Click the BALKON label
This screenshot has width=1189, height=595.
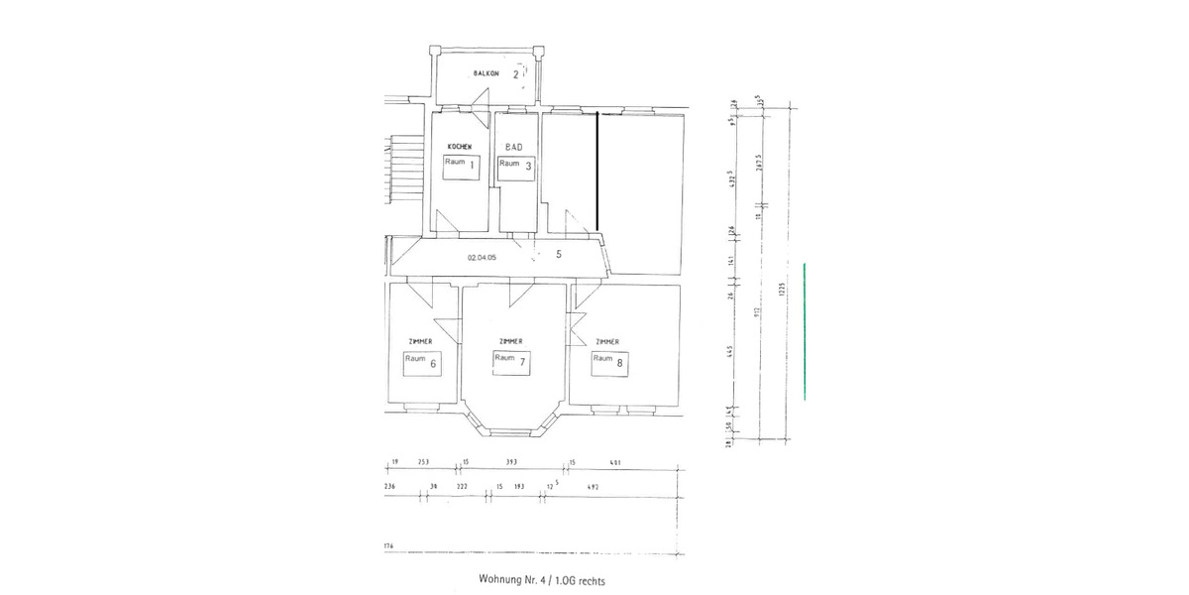click(x=486, y=74)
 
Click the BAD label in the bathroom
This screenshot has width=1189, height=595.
click(x=513, y=147)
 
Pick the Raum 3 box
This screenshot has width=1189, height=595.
click(x=516, y=166)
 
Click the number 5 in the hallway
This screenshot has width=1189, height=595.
click(x=559, y=254)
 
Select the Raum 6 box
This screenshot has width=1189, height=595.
click(x=421, y=362)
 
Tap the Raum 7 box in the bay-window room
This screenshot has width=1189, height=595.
click(x=511, y=362)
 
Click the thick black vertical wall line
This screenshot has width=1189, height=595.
click(x=596, y=170)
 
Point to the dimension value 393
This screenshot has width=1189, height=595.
click(x=512, y=462)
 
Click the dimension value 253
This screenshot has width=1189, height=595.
click(x=423, y=462)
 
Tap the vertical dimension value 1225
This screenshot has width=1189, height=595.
click(x=781, y=290)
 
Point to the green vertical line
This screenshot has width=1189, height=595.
click(x=805, y=330)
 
